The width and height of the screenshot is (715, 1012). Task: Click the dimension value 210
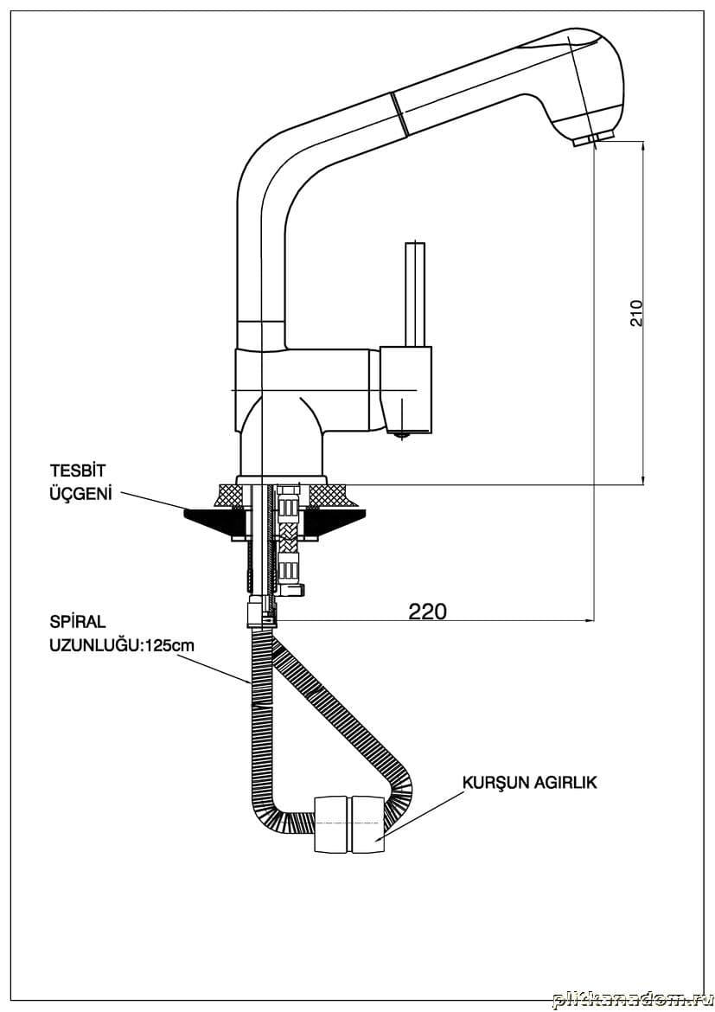[637, 312]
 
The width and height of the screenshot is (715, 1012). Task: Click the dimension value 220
[428, 611]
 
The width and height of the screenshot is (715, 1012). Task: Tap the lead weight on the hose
[349, 824]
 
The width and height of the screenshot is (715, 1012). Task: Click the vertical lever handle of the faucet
[415, 294]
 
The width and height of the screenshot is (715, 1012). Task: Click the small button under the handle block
[399, 434]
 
